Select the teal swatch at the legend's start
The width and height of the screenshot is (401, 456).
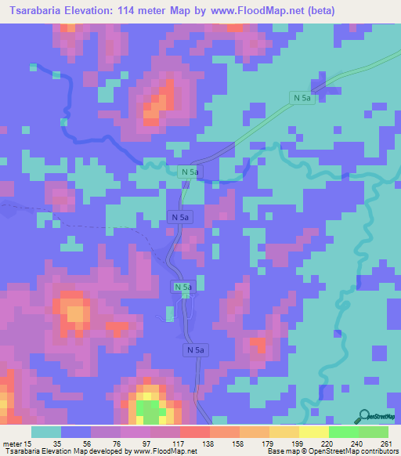click(x=46, y=432)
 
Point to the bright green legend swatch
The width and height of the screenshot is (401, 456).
click(x=344, y=432)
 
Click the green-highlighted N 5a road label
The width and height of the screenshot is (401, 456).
click(x=182, y=288)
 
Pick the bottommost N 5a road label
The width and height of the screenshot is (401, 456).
click(x=196, y=349)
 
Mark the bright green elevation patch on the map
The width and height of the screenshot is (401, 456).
click(x=146, y=408)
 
